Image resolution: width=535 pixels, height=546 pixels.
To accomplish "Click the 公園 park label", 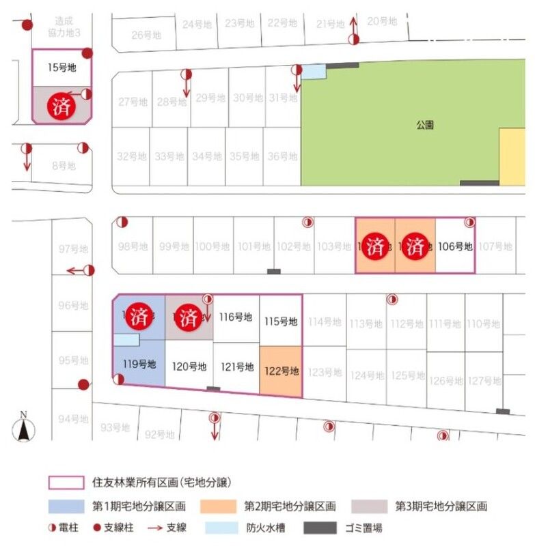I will click(x=424, y=125).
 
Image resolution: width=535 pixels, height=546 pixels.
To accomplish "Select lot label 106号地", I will click(x=455, y=246).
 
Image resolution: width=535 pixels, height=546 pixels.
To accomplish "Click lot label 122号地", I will click(x=281, y=371).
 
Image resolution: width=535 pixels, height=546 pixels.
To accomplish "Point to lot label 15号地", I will click(x=61, y=68).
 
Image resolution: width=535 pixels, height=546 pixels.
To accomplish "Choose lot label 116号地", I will click(x=236, y=317).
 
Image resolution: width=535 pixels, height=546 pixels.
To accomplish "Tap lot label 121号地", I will click(x=236, y=367).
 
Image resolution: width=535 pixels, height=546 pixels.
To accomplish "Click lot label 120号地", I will click(x=189, y=367).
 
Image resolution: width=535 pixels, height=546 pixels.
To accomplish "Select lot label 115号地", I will click(x=280, y=321).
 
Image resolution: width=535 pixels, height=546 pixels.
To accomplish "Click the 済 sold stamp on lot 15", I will click(x=61, y=106).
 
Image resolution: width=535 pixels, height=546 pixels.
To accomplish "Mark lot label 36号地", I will click(x=282, y=156).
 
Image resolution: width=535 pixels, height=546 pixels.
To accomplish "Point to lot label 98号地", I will click(x=133, y=246).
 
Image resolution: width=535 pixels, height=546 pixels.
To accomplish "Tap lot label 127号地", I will click(x=486, y=380).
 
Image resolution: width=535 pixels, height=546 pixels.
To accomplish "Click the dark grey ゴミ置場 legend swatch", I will click(x=320, y=528).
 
